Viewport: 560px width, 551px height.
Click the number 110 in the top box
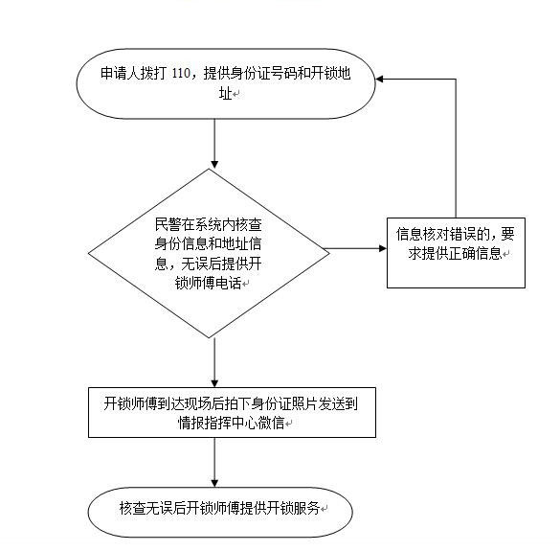tap(181, 74)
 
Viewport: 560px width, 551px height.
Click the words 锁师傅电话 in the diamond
tap(209, 284)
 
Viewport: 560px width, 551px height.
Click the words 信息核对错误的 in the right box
tap(442, 234)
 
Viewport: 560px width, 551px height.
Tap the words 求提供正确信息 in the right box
tap(456, 254)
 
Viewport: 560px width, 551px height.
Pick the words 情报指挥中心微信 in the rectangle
tap(231, 424)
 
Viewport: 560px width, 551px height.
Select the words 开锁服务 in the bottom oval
tap(293, 508)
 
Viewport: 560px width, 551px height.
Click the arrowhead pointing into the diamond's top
tap(214, 165)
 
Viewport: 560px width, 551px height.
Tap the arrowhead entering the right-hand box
tap(383, 248)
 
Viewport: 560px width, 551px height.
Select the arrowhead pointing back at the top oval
tap(380, 79)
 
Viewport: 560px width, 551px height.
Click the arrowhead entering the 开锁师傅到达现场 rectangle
tap(214, 383)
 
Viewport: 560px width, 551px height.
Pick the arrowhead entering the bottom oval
tap(214, 483)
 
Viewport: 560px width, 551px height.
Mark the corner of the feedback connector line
tap(456, 79)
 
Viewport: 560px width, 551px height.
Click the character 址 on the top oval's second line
tap(225, 94)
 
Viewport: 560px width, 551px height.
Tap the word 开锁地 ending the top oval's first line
tap(330, 74)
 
